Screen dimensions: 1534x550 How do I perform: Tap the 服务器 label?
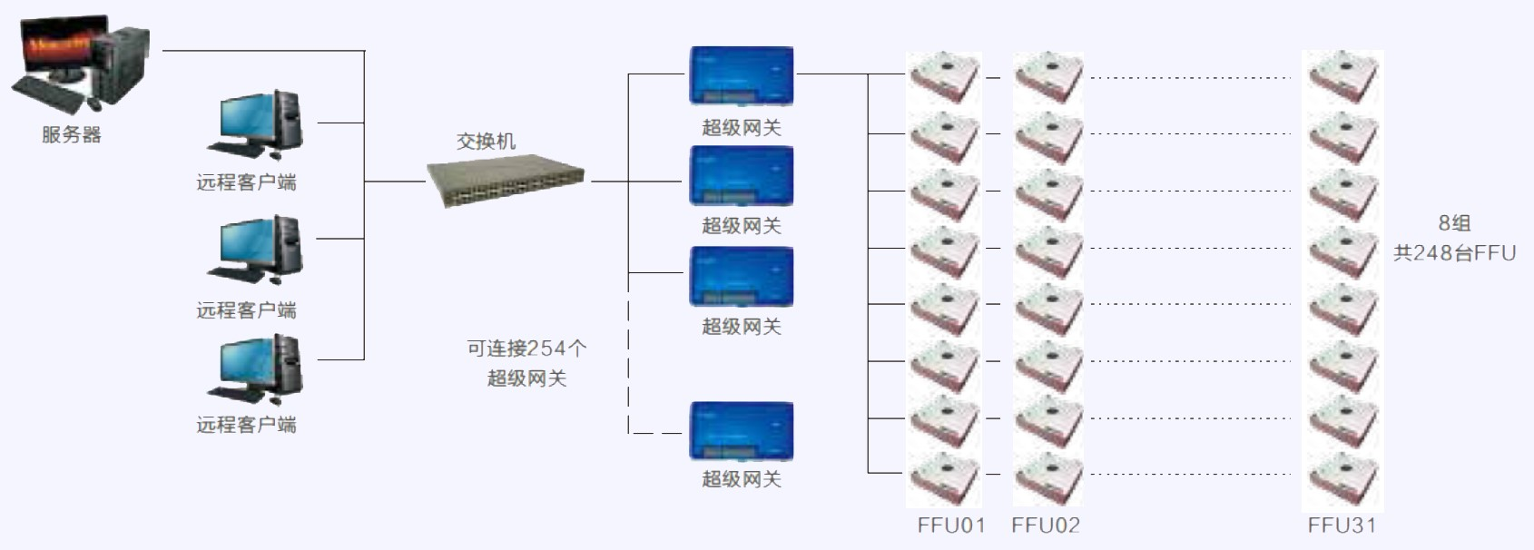pos(71,134)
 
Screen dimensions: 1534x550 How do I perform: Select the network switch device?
pos(506,180)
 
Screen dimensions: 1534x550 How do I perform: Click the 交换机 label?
pos(487,141)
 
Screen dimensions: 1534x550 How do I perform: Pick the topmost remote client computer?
pos(255,124)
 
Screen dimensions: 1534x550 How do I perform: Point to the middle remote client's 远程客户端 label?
pos(247,309)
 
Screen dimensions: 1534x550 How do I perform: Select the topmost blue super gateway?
pos(742,76)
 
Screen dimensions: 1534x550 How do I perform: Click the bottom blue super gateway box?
pos(742,431)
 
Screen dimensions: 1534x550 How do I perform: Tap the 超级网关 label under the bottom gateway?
pos(742,479)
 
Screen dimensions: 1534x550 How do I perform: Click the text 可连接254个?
pos(526,348)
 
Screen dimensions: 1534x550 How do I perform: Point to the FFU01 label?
pos(951,525)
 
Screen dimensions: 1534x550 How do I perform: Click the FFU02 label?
pos(1046,525)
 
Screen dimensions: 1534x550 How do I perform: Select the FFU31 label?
pos(1342,525)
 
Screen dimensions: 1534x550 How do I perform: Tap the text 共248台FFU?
pos(1454,252)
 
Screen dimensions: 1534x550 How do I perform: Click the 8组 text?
pos(1454,222)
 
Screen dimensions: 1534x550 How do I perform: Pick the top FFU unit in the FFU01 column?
pos(944,77)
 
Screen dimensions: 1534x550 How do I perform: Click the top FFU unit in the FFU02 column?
pos(1048,77)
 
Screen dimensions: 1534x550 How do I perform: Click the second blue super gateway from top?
pos(742,175)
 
